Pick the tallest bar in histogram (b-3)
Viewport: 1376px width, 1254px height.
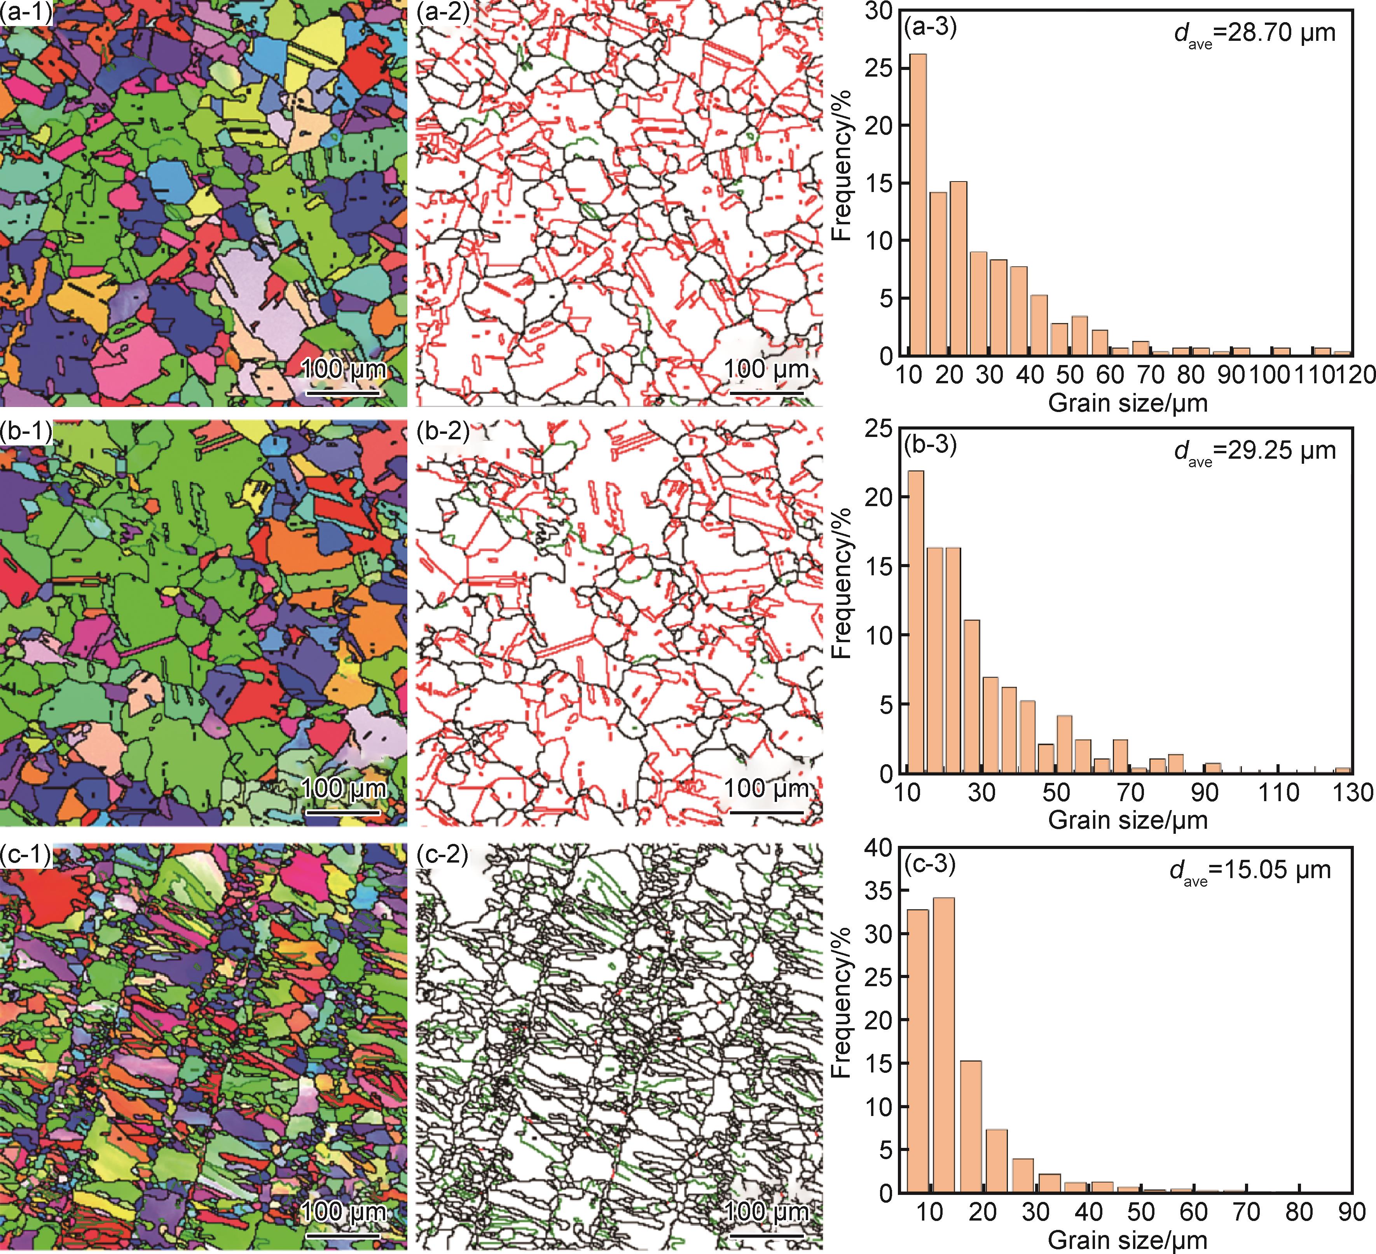click(x=916, y=621)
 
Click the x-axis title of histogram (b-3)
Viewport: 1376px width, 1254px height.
click(x=1128, y=820)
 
